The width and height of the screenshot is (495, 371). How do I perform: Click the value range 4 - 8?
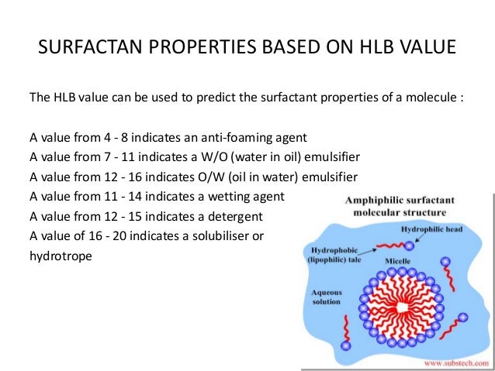point(111,138)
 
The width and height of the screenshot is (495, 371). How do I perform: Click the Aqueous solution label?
point(326,298)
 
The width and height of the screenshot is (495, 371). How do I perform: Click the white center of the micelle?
point(401,309)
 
